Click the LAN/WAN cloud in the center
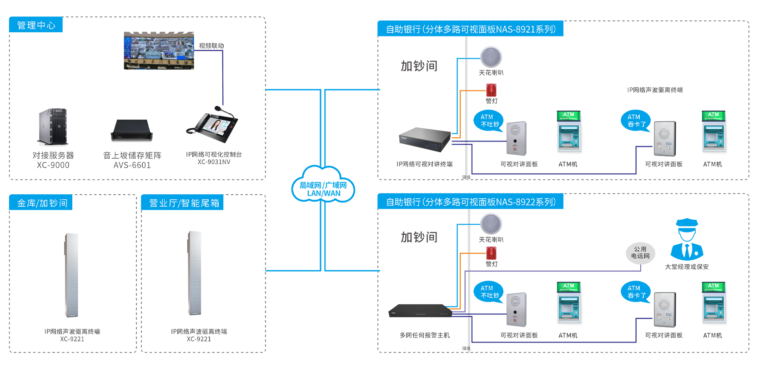pyautogui.click(x=323, y=185)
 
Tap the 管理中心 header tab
pyautogui.click(x=36, y=25)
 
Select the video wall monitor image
pyautogui.click(x=159, y=50)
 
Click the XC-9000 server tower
pyautogui.click(x=53, y=126)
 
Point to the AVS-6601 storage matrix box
pyautogui.click(x=132, y=130)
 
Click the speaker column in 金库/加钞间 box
pyautogui.click(x=72, y=275)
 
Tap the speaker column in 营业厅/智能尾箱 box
pyautogui.click(x=195, y=273)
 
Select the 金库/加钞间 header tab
pyautogui.click(x=41, y=203)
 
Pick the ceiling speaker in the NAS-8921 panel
pyautogui.click(x=491, y=57)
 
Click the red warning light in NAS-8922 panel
pyautogui.click(x=491, y=253)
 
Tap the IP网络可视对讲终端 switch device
pyautogui.click(x=425, y=139)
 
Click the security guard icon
pyautogui.click(x=687, y=240)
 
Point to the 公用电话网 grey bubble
pyautogui.click(x=640, y=253)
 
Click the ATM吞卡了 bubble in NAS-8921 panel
pyautogui.click(x=635, y=121)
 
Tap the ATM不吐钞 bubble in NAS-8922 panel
pyautogui.click(x=488, y=292)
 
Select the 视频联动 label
pyautogui.click(x=211, y=46)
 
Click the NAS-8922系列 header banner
pyautogui.click(x=471, y=202)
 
